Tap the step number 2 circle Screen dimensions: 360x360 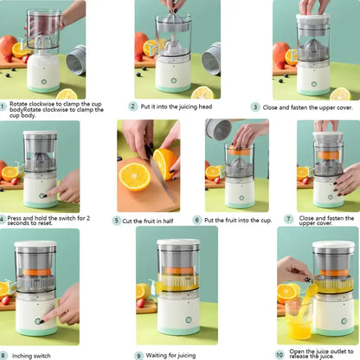[x=133, y=106]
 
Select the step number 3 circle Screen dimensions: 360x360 [x=255, y=106]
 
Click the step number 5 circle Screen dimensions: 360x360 [x=117, y=221]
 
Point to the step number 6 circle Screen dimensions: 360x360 [x=197, y=221]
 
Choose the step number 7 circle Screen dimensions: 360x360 [x=288, y=219]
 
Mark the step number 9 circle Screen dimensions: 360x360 [x=138, y=355]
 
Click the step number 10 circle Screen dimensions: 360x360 [x=279, y=355]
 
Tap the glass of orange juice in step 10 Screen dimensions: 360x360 [x=299, y=326]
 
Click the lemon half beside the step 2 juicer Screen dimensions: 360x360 [x=202, y=92]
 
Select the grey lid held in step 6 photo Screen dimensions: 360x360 [x=218, y=130]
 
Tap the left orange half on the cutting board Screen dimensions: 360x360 [x=134, y=176]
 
